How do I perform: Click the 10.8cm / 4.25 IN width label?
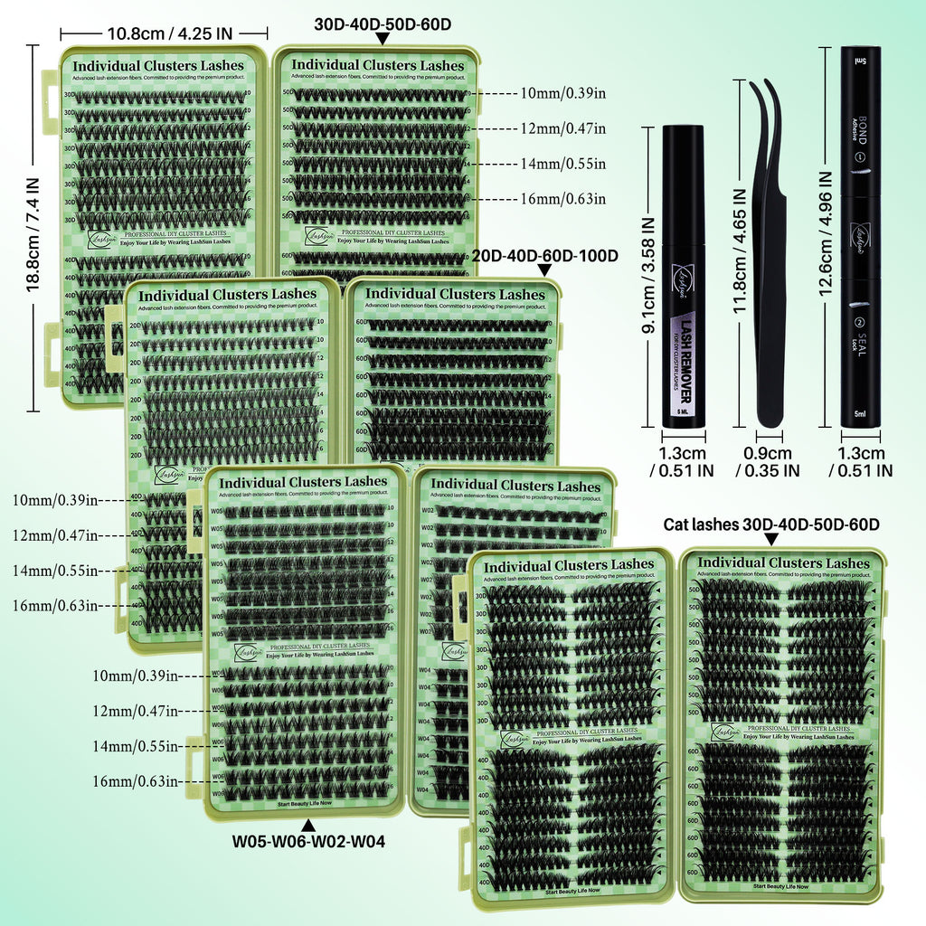[169, 33]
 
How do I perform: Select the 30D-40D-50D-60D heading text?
[382, 24]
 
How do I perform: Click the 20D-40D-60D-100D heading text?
[544, 256]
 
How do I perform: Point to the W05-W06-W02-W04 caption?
[308, 841]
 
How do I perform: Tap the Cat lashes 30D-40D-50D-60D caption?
[771, 524]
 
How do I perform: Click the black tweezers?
[769, 253]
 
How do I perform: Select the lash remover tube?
[683, 276]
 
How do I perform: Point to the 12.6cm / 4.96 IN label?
[827, 235]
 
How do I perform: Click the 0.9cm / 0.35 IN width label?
[768, 462]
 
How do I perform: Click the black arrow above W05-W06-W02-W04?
[308, 824]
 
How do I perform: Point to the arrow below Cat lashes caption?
[771, 540]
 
